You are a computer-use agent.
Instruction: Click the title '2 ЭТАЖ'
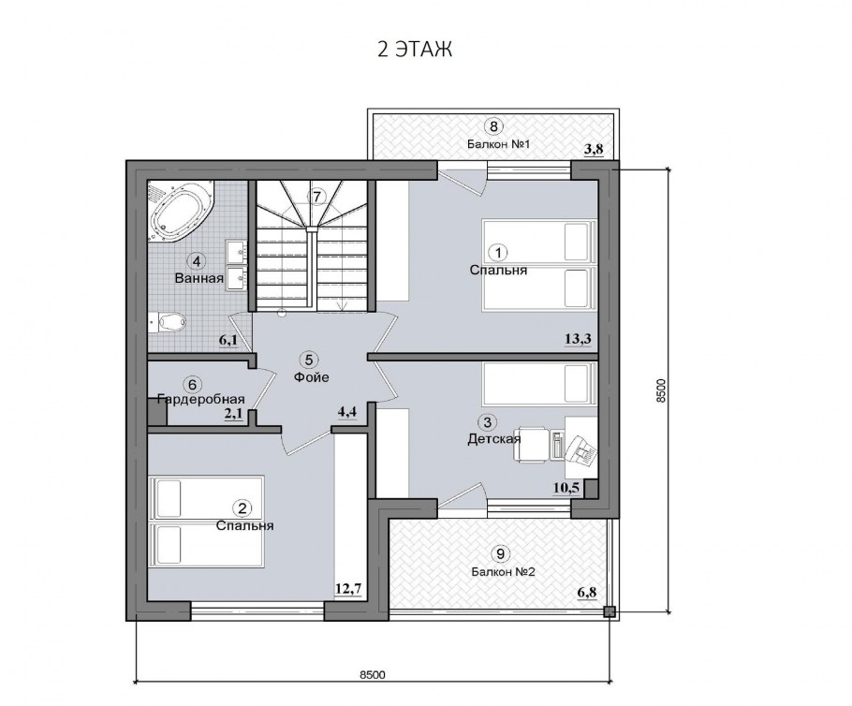415,50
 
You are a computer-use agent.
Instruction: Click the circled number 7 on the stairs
317,197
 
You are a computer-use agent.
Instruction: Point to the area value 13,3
579,339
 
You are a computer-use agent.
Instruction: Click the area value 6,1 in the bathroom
228,340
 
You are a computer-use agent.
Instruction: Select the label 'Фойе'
312,376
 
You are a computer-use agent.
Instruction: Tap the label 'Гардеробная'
201,400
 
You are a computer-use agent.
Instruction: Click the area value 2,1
233,414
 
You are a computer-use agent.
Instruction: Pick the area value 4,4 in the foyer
347,412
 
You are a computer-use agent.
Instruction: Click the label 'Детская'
494,438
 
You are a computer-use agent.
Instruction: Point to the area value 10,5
566,488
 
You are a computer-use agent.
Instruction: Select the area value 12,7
348,588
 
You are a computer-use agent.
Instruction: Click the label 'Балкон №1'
498,144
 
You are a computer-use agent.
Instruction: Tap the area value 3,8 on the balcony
594,150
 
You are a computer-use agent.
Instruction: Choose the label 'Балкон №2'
504,572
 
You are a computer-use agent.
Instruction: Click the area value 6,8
587,592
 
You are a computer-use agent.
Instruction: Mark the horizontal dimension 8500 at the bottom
373,674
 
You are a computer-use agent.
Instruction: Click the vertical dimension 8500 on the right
661,390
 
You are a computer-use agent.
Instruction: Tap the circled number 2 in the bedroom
242,508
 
